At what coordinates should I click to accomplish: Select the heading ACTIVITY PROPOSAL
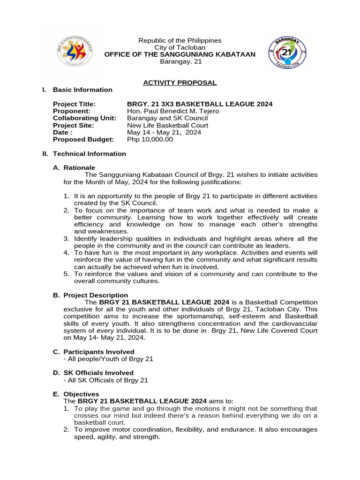click(180, 82)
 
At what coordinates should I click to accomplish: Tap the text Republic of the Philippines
click(180, 41)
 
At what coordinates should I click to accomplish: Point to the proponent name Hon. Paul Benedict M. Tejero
click(173, 111)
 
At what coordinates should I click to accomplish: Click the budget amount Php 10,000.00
click(150, 139)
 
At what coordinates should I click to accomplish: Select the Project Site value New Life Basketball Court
click(167, 125)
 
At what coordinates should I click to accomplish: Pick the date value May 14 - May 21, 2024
click(164, 132)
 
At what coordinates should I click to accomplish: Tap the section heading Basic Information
click(82, 90)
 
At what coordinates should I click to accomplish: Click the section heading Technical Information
click(89, 153)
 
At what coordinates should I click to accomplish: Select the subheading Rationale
click(79, 167)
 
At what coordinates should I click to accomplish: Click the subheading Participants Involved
click(99, 352)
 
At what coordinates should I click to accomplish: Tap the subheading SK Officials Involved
click(98, 373)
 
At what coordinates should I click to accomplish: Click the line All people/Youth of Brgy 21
click(108, 359)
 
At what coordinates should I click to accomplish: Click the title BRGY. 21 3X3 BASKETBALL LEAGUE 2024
click(200, 104)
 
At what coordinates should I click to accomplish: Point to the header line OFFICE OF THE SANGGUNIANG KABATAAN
click(180, 54)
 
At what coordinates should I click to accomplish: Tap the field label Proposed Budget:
click(83, 139)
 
